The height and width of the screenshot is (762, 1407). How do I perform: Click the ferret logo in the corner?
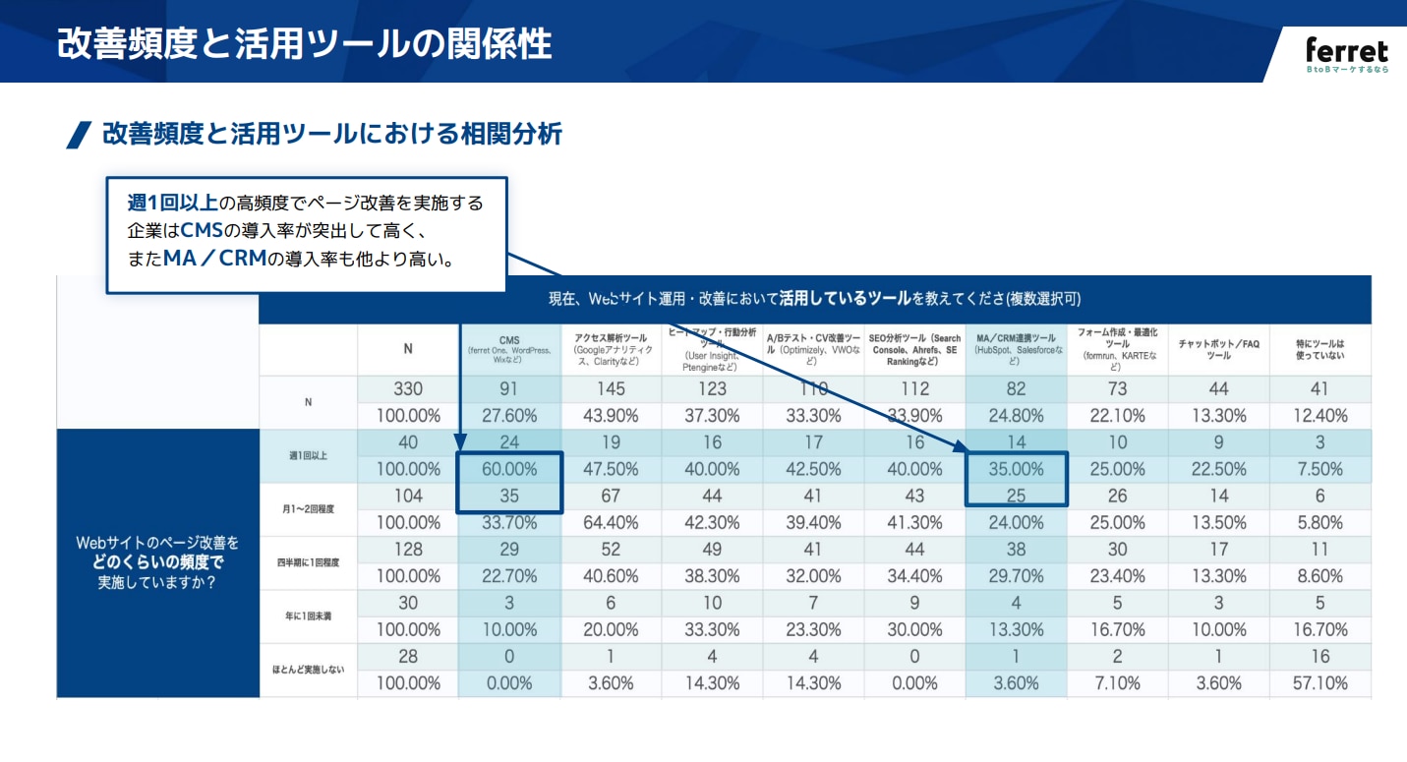pos(1346,54)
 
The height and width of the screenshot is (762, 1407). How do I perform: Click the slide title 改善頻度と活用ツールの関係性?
pos(304,44)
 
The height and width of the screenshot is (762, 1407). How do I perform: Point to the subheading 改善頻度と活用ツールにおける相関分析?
pos(331,135)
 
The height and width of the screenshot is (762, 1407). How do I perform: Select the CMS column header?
pos(508,349)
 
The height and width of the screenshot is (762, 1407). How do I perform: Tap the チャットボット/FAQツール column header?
pos(1218,349)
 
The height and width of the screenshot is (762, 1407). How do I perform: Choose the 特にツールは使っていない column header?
pos(1319,349)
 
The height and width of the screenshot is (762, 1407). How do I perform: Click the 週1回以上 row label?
pos(308,455)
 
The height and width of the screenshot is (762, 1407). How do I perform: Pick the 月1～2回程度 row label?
pos(308,509)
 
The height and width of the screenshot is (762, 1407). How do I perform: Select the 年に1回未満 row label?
pos(308,616)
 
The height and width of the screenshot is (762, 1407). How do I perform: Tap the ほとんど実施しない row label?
pos(308,670)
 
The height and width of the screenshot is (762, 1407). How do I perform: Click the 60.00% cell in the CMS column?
pos(508,470)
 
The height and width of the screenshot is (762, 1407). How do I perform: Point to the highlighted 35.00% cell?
pos(1016,470)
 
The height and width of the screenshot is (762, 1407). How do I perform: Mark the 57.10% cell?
pos(1319,683)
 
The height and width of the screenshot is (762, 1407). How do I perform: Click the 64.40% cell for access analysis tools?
pos(611,523)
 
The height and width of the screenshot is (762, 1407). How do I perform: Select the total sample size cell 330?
pos(407,389)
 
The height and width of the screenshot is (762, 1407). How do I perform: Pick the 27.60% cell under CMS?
pos(508,416)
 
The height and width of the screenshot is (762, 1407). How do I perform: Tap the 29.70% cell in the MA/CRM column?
pos(1016,576)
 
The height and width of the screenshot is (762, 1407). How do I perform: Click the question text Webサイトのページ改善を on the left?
pos(157,543)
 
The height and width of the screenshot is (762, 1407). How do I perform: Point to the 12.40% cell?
pos(1319,416)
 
